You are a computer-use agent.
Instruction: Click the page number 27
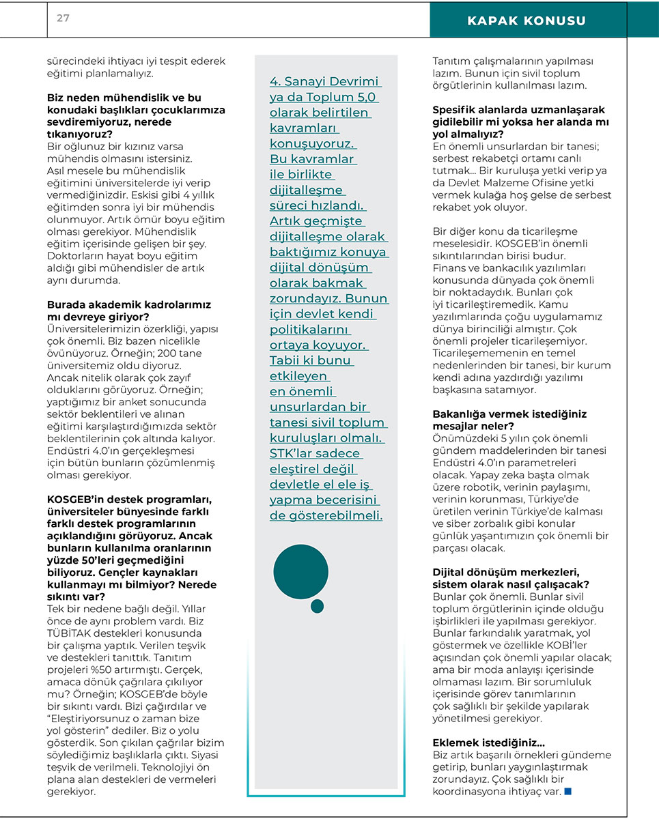coord(63,18)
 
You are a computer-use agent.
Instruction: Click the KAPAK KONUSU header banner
coord(526,21)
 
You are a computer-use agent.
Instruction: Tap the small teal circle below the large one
coord(317,606)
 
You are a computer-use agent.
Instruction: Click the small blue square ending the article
coord(567,792)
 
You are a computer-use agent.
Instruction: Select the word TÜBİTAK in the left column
coord(70,633)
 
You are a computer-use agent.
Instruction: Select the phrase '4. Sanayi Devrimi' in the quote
coord(325,82)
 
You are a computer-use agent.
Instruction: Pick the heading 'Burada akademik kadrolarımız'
coord(129,304)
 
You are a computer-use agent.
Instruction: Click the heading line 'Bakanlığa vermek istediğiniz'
coord(509,414)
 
